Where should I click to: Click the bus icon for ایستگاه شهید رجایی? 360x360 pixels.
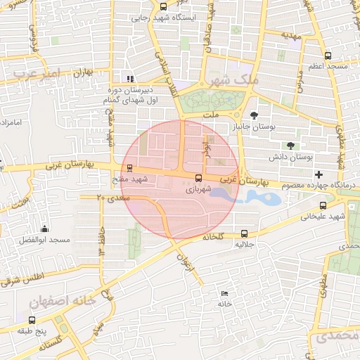tap(164, 6)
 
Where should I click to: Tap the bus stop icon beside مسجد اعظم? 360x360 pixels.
tap(328, 56)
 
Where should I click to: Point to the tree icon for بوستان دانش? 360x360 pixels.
tap(290, 146)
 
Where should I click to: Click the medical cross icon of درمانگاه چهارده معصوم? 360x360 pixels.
tap(319, 174)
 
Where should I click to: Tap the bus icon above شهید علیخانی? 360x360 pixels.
tap(323, 206)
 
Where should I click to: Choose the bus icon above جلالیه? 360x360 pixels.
tap(244, 234)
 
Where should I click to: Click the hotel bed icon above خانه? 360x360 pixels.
tap(224, 293)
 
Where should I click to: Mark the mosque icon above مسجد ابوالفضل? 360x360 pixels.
tap(44, 229)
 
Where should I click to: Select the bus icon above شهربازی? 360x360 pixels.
tap(198, 178)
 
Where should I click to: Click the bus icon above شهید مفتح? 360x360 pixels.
tap(129, 168)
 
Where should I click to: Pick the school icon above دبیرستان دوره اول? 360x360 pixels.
tap(129, 79)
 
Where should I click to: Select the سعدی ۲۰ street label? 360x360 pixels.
tap(110, 199)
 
